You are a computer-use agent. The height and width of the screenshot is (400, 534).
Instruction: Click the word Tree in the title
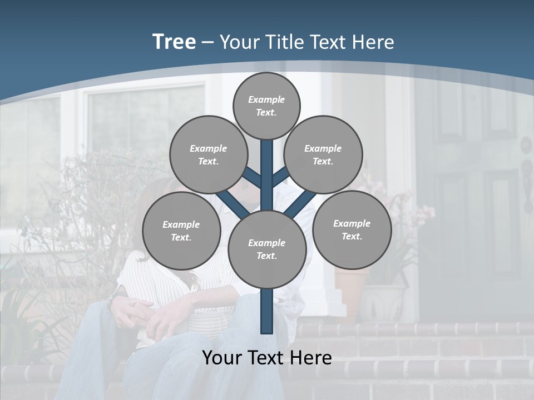tap(174, 42)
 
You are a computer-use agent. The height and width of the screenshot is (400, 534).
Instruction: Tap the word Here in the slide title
tap(373, 42)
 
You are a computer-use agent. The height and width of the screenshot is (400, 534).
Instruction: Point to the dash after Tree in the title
tap(208, 43)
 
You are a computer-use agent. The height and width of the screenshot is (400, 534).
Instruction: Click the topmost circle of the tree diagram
tap(266, 106)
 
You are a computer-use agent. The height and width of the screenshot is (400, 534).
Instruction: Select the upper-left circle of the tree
tap(208, 154)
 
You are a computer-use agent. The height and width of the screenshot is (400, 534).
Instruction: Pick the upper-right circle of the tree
tap(323, 154)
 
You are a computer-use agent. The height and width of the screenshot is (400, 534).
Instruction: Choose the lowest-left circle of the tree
tap(181, 231)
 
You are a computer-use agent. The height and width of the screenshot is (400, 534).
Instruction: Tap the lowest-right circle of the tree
tap(352, 229)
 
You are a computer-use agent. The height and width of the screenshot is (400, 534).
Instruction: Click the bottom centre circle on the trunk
tap(267, 249)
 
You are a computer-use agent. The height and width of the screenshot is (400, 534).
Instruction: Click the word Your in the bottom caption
tap(221, 357)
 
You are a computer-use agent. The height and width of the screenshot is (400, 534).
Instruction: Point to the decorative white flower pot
tap(384, 303)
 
